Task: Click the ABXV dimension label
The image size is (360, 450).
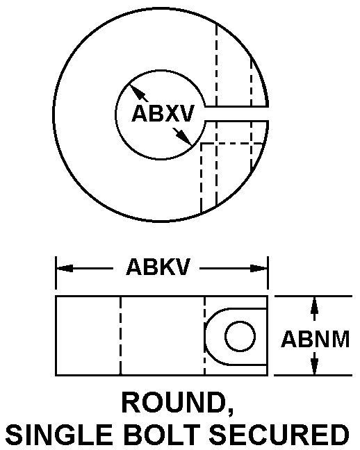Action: tap(163, 113)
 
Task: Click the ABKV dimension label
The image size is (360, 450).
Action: tap(158, 267)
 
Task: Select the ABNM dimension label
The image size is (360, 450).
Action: tap(316, 339)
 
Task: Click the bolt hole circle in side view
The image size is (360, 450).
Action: tap(240, 336)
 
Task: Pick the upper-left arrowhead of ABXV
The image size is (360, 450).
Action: tap(136, 91)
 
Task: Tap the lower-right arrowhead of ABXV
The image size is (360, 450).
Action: tap(184, 137)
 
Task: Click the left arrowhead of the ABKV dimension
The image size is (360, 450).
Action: tap(65, 269)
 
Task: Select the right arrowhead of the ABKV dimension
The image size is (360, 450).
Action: tap(259, 269)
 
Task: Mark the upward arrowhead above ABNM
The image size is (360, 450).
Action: tap(315, 304)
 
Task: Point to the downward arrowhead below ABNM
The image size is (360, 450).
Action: tap(315, 366)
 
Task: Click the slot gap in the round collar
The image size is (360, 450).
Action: tap(237, 114)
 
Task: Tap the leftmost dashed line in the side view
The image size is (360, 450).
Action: tap(120, 335)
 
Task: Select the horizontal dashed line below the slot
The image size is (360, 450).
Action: tap(232, 143)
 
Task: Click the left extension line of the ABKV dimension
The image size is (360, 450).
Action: tap(56, 273)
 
